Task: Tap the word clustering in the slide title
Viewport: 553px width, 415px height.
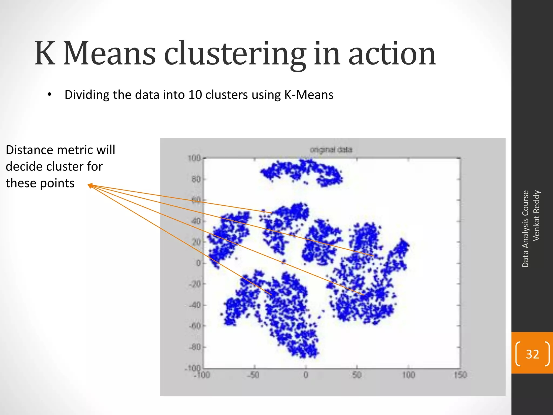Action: point(235,54)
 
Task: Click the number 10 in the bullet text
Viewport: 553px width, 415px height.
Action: point(195,95)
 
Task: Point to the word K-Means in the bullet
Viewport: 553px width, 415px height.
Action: point(309,95)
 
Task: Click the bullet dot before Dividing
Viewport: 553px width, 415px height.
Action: point(49,95)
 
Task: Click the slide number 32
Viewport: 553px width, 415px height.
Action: point(532,354)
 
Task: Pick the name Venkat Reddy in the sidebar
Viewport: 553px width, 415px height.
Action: point(536,215)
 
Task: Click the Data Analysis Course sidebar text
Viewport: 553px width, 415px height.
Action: point(525,229)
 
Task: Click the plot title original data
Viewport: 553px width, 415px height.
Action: point(331,150)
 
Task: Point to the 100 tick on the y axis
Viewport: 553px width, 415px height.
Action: point(194,158)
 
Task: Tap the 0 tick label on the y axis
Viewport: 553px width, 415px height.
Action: point(198,263)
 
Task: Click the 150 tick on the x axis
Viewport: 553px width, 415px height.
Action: point(460,375)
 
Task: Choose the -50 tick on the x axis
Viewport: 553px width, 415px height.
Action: point(254,375)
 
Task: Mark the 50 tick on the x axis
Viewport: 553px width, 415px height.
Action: point(357,375)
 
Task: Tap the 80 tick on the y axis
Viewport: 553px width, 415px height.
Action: point(196,179)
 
